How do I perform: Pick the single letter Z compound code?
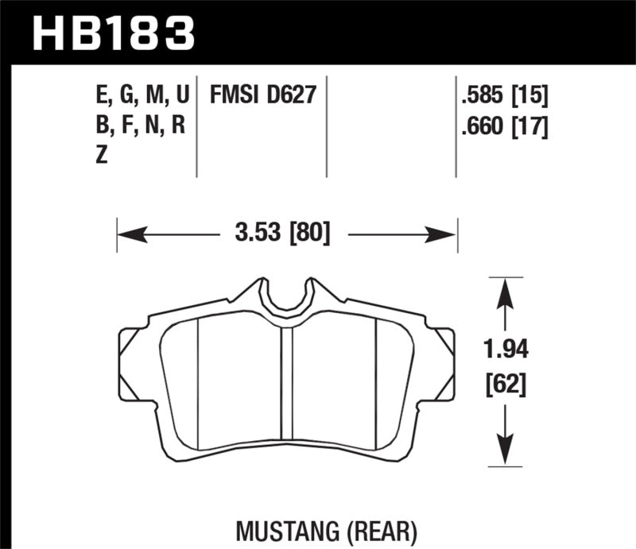(101, 155)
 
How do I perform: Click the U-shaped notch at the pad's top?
(287, 296)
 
